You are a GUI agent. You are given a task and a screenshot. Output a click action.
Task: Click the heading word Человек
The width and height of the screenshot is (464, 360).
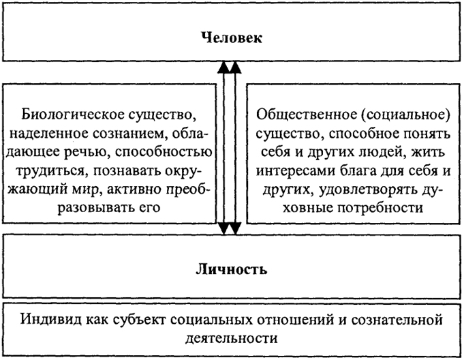pyautogui.click(x=232, y=38)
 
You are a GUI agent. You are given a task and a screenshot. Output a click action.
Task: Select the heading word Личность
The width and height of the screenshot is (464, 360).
pyautogui.click(x=232, y=270)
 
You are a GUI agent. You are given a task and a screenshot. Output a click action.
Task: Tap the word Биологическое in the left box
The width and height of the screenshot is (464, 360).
pyautogui.click(x=73, y=115)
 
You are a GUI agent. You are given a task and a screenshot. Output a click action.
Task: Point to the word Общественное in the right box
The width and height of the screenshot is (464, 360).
pyautogui.click(x=307, y=115)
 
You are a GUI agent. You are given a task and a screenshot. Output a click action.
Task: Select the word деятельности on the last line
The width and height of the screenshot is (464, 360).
pyautogui.click(x=232, y=338)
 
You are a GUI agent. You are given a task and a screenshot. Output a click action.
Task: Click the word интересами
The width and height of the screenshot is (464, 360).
pyautogui.click(x=294, y=171)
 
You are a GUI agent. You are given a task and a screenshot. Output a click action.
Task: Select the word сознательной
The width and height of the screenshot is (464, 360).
pyautogui.click(x=397, y=320)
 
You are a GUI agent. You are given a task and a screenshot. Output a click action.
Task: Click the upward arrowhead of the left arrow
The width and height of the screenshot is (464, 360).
pyautogui.click(x=223, y=67)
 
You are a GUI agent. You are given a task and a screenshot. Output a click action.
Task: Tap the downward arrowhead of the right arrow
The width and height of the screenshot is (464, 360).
pyautogui.click(x=235, y=228)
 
